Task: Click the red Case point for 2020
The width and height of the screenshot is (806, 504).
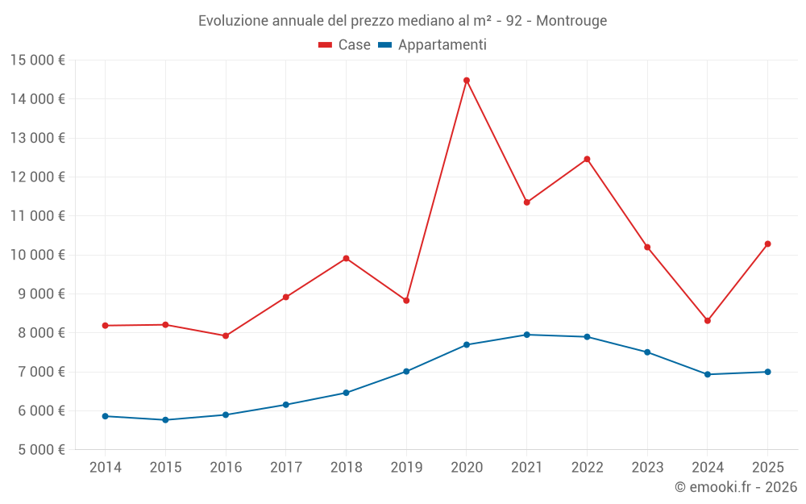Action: (x=467, y=81)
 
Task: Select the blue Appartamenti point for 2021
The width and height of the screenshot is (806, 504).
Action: (x=527, y=335)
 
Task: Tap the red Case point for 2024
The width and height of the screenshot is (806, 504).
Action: (x=708, y=321)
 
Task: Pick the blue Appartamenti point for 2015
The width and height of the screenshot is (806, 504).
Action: (x=165, y=420)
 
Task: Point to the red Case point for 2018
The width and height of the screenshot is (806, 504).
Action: (x=347, y=259)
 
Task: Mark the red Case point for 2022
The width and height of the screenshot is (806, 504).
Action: (x=587, y=159)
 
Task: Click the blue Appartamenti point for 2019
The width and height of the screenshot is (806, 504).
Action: (x=406, y=372)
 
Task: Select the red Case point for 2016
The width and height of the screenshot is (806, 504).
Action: (x=226, y=336)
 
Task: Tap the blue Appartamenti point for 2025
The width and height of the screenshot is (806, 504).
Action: (x=767, y=372)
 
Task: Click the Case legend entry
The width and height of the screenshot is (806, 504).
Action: (x=345, y=45)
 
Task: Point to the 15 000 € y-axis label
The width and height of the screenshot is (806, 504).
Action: (x=38, y=60)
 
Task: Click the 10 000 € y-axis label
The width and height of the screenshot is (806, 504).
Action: (x=38, y=255)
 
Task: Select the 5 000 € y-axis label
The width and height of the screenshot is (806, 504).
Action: (x=38, y=450)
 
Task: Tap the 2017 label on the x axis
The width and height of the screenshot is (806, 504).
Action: (x=286, y=468)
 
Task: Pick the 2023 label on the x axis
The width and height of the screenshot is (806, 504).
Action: (x=647, y=468)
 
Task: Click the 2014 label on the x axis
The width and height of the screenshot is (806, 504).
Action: (x=105, y=468)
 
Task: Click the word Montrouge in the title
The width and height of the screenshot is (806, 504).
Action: (x=571, y=20)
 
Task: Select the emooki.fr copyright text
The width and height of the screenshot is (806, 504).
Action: (x=736, y=487)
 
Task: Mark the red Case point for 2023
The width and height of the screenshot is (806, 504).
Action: (x=647, y=248)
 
